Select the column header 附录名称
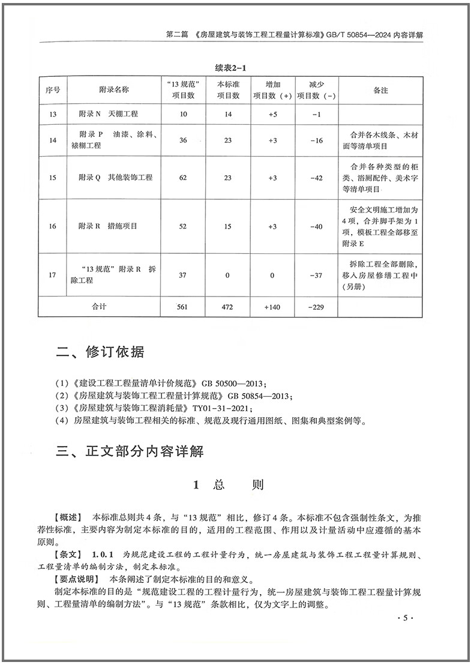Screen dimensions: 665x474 [113, 90]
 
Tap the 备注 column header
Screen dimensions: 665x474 [380, 90]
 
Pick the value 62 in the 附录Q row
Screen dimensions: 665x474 [183, 178]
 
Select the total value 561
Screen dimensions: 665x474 [183, 307]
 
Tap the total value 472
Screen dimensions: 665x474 [227, 307]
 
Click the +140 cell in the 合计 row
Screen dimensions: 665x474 [272, 307]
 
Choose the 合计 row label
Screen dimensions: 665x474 [99, 307]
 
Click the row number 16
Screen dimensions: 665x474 [53, 227]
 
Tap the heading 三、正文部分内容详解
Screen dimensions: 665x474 [130, 451]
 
